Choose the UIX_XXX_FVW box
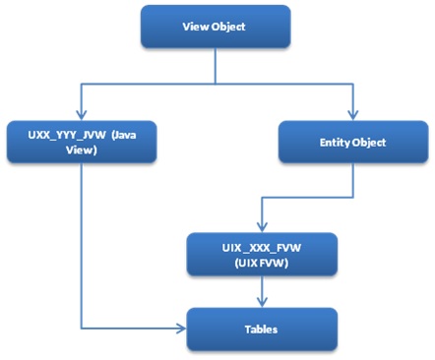tap(261, 253)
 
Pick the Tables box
tap(261, 329)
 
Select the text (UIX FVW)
tap(261, 262)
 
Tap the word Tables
tap(261, 329)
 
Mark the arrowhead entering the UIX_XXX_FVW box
tap(261, 225)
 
